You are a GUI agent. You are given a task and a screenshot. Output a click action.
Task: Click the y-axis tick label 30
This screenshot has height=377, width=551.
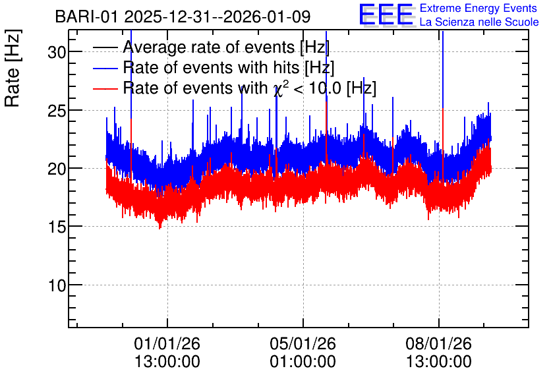(x=57, y=52)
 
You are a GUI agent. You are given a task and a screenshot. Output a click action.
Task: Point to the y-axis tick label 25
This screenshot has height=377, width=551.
(x=57, y=111)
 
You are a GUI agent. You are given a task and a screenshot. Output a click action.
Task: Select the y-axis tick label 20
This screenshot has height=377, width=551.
(x=57, y=169)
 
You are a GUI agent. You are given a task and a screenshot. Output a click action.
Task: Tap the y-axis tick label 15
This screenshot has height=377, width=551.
(x=57, y=227)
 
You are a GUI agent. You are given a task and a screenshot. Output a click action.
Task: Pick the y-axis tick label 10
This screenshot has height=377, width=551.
(x=57, y=285)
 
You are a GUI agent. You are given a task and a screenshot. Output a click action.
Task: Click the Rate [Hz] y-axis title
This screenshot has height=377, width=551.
(x=13, y=68)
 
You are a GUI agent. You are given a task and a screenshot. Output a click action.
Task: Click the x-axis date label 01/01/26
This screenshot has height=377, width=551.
(x=167, y=343)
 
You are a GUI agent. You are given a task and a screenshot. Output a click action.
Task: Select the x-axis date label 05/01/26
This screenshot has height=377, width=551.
(x=303, y=343)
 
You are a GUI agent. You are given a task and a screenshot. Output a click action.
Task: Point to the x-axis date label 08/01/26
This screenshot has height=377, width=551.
(x=438, y=343)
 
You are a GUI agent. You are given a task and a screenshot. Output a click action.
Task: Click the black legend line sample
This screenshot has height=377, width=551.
(x=105, y=47)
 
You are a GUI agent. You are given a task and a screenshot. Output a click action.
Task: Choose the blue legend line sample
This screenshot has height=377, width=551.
(x=105, y=68)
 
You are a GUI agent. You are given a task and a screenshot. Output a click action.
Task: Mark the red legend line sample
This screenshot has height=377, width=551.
(x=105, y=88)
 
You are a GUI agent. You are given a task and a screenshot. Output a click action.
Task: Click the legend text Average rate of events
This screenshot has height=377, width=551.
(x=209, y=47)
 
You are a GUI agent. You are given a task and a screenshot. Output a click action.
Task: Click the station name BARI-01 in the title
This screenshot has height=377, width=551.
(x=86, y=16)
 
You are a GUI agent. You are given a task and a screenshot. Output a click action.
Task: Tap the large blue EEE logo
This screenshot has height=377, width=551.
(x=386, y=14)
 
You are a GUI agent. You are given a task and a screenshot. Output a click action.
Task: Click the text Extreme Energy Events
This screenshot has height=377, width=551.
(x=478, y=8)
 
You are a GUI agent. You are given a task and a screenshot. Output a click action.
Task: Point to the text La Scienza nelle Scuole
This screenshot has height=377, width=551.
(x=479, y=22)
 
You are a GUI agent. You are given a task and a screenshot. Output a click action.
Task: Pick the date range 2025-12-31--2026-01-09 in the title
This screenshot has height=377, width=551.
(x=217, y=16)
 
